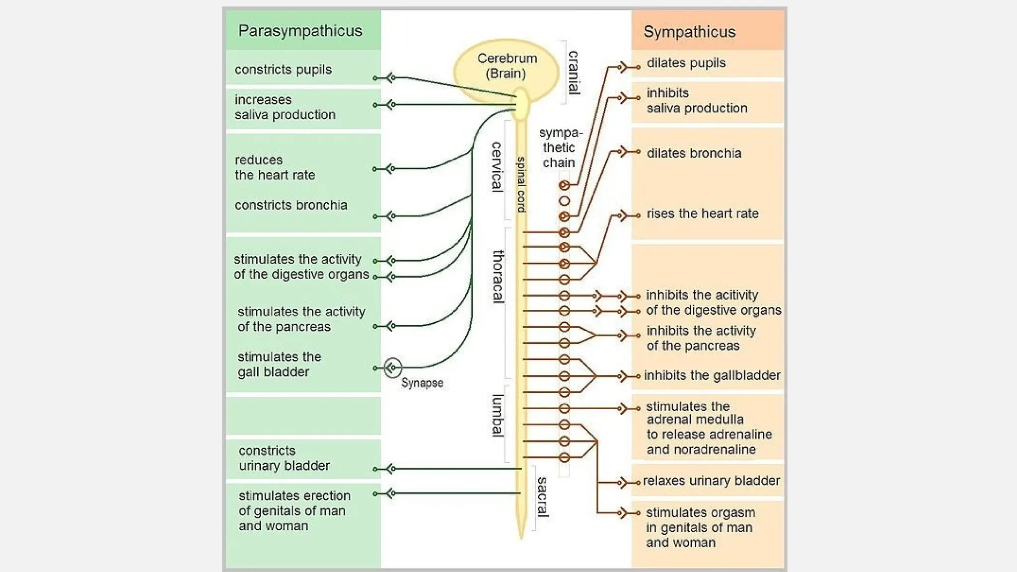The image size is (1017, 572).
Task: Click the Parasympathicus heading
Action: pos(300,31)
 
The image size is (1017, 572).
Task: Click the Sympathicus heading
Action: pos(689,32)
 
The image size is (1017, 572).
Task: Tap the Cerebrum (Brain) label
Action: pos(507,66)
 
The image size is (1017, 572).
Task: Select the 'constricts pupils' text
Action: pos(283,70)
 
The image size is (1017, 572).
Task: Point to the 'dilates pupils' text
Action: pos(686,63)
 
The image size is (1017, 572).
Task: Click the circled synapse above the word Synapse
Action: pos(392,367)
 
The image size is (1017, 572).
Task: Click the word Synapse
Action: pos(422,383)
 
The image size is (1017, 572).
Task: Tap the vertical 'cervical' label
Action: pos(496,167)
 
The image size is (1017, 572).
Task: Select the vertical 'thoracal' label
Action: pos(498,276)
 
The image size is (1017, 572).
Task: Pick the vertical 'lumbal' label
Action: pos(497,415)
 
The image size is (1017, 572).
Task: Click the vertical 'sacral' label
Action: pos(542,497)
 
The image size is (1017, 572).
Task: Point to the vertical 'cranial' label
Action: pos(573,72)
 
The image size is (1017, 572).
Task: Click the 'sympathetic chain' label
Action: pos(560,147)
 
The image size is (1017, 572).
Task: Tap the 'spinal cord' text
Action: pos(521,184)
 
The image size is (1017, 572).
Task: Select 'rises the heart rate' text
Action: pos(702,214)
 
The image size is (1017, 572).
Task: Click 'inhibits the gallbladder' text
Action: pos(712,375)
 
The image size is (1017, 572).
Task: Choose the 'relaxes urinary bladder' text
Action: pos(711,481)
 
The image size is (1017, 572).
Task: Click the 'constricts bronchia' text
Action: pos(291,205)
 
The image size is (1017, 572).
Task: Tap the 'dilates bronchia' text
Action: pos(694,153)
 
